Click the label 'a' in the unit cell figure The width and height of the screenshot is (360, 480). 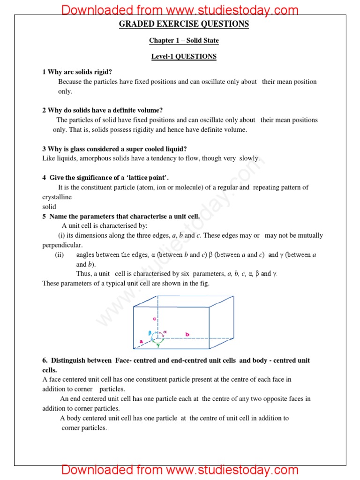click(141, 342)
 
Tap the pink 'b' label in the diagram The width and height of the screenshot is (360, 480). click(187, 334)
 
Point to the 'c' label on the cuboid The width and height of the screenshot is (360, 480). click(154, 319)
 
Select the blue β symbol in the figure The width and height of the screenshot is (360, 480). click(150, 333)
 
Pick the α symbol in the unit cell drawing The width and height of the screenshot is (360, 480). click(165, 332)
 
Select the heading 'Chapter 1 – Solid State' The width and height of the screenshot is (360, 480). click(184, 40)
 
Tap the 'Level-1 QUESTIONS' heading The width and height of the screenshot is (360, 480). click(184, 56)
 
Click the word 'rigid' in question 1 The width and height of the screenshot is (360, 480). click(104, 72)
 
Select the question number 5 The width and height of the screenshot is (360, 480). click(44, 216)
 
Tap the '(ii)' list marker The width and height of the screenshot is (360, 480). click(60, 255)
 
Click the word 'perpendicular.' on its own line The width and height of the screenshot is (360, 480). click(62, 245)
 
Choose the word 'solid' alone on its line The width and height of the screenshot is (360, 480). click(49, 207)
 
